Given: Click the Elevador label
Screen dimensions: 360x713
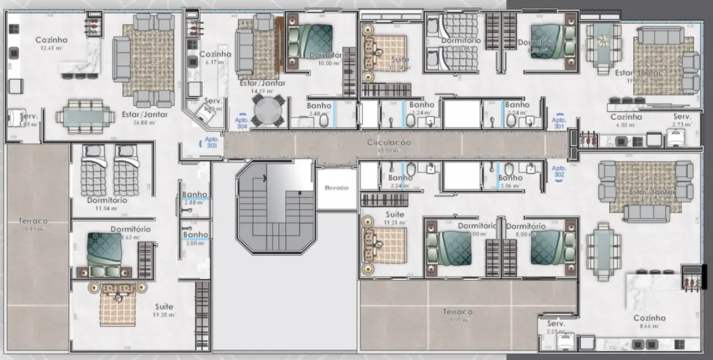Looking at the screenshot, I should tap(337, 188).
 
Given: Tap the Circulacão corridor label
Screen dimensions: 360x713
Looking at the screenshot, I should tap(389, 143).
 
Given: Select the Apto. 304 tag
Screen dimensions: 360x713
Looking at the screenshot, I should tap(241, 123).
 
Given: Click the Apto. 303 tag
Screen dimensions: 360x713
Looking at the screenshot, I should tap(212, 143).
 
